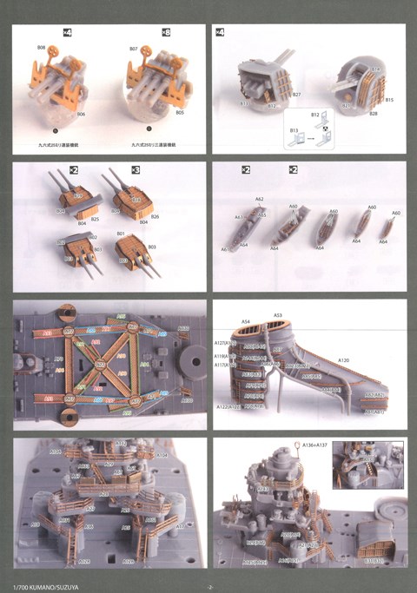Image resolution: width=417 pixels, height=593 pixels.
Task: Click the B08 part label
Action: (x=41, y=46)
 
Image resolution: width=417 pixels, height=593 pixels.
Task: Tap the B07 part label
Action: (x=134, y=49)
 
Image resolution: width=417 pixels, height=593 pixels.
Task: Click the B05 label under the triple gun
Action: (x=180, y=112)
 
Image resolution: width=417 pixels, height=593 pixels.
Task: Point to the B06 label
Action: (x=81, y=113)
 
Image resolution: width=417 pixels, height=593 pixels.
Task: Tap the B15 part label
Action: (x=390, y=100)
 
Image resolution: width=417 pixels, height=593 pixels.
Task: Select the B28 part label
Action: (x=373, y=114)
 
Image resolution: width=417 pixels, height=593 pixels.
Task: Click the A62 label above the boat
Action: (x=259, y=199)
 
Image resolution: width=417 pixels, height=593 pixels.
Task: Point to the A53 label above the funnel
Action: (x=277, y=315)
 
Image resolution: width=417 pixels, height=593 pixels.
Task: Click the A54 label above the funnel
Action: (x=246, y=321)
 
